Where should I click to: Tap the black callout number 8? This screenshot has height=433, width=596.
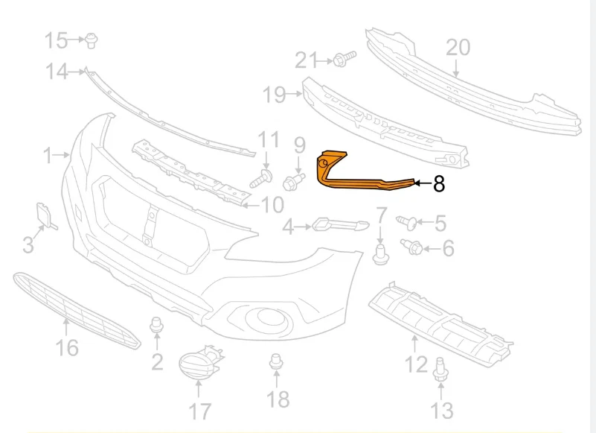click(x=439, y=184)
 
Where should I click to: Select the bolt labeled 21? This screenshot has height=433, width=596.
click(x=345, y=59)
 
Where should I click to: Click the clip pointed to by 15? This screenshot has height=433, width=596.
click(x=92, y=41)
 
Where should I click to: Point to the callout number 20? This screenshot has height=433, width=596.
click(x=458, y=48)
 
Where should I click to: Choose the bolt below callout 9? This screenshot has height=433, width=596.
click(x=294, y=182)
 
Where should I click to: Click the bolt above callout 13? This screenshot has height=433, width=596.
click(x=440, y=369)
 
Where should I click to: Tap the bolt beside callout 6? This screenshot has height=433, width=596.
click(x=411, y=247)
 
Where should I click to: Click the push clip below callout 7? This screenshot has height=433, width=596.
click(x=380, y=255)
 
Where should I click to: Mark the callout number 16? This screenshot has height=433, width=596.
click(x=67, y=348)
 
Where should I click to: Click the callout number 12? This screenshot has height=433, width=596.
click(x=416, y=364)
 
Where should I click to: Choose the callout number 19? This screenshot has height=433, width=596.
click(x=274, y=95)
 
